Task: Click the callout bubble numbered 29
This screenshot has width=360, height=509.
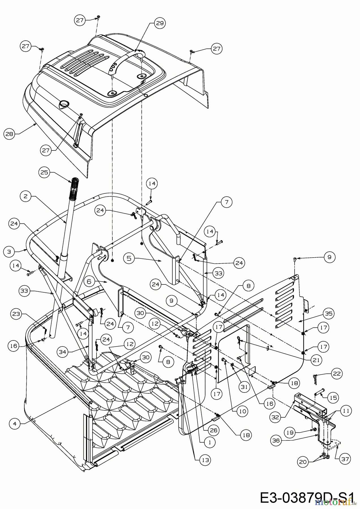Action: coord(160,23)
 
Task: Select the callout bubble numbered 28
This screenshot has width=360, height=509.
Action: coord(9,134)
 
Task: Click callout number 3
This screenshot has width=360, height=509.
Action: coord(9,251)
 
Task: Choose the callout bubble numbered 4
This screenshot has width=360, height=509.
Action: coord(14,423)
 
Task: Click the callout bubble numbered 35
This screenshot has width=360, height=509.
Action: coord(329,313)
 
